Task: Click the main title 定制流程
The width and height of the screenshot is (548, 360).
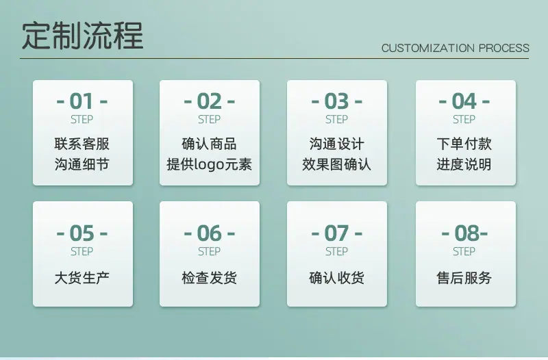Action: pos(82,36)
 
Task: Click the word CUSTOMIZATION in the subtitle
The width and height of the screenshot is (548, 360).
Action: pos(428,48)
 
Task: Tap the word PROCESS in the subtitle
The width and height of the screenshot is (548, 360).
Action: pos(504,48)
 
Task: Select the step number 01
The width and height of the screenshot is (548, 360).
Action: pos(82,101)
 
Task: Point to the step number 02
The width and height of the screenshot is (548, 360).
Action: pos(209,101)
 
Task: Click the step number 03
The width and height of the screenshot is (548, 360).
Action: pos(336,101)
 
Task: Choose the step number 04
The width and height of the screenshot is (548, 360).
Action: pos(464,101)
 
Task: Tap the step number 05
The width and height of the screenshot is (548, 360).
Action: pos(82,233)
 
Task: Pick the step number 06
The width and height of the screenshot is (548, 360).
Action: pos(209,233)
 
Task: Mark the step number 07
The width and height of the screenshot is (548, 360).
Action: pos(336,233)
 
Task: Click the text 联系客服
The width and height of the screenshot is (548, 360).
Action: pos(82,144)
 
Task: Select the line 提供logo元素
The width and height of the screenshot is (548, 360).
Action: pos(209,164)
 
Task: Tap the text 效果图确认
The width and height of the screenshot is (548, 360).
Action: pos(336,164)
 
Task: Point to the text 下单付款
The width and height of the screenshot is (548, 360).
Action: pos(464,144)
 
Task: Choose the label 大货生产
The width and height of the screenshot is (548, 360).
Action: pos(82,278)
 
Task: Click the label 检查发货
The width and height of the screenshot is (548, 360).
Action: pos(209,278)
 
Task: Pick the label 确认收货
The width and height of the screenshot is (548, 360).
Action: pos(336,278)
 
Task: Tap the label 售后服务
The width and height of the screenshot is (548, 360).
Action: pos(464,278)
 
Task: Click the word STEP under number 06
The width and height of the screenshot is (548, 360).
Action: pos(209,251)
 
